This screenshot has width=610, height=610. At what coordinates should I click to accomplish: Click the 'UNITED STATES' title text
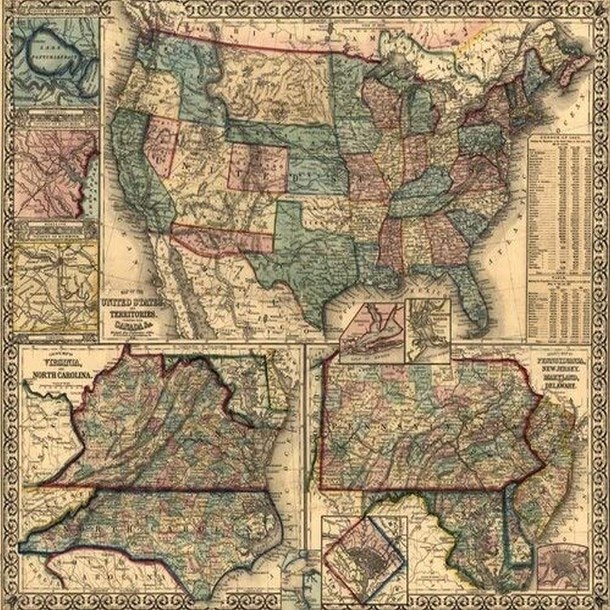tap(133, 303)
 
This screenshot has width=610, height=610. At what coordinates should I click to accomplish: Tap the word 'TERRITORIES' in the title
tap(133, 315)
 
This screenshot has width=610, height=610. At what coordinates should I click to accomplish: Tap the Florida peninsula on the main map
tap(472, 293)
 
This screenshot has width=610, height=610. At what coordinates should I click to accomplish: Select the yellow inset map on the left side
tap(57, 285)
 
